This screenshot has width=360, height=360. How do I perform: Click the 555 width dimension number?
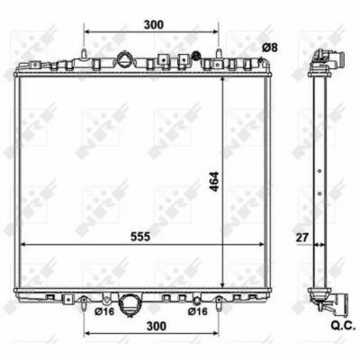click(140, 237)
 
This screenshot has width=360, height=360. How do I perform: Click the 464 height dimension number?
click(215, 182)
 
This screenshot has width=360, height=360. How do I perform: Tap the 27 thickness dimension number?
click(302, 238)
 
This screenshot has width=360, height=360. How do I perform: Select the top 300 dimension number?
click(154, 25)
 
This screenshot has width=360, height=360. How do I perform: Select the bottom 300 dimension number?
click(157, 326)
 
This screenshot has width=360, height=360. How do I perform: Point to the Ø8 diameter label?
click(270, 48)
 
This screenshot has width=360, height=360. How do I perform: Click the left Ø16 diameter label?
click(104, 311)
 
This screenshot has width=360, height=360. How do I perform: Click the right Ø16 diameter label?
click(198, 311)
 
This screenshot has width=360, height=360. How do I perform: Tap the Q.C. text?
click(343, 327)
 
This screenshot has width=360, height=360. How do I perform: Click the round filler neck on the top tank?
click(124, 59)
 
